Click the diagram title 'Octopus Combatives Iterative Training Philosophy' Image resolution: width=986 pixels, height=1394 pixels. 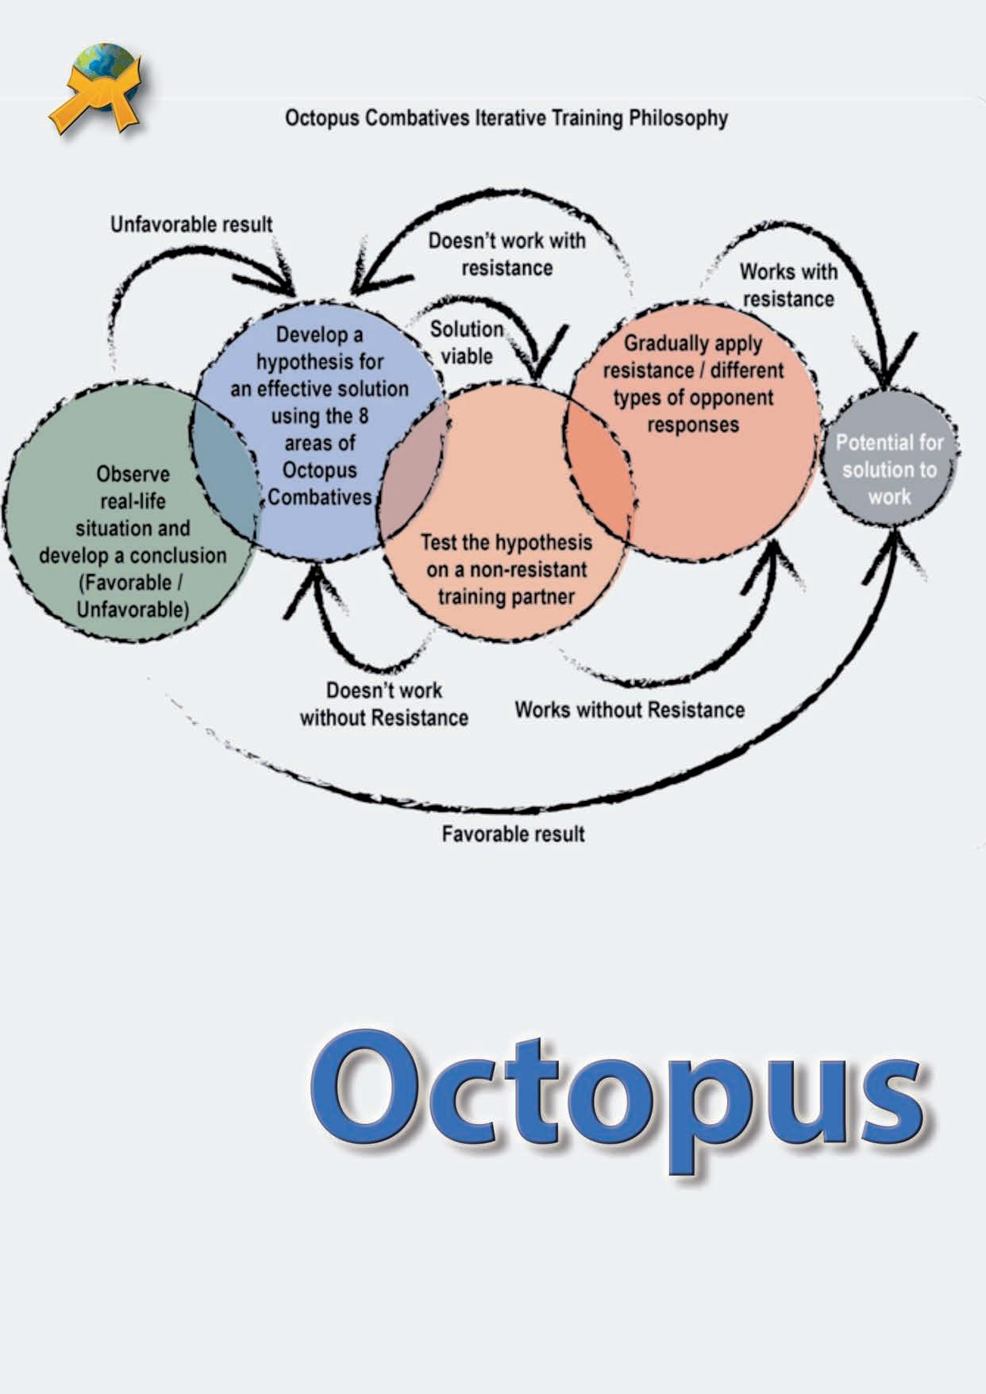[506, 118]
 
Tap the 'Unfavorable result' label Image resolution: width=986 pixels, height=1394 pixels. [191, 225]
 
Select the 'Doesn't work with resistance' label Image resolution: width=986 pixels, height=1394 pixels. [506, 254]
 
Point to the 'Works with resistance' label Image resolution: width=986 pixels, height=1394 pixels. [788, 285]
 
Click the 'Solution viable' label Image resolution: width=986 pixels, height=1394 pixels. [467, 342]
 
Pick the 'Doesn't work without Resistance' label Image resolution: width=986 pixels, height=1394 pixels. [384, 704]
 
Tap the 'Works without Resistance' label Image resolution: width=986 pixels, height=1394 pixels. [630, 710]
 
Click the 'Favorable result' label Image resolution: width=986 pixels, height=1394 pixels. [513, 834]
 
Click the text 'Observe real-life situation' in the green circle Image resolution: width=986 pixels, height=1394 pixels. [133, 501]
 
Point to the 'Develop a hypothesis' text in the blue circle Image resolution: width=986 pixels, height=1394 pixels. [319, 348]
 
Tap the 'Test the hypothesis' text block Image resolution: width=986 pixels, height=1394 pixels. [506, 569]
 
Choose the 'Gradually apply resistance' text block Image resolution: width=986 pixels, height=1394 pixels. [693, 383]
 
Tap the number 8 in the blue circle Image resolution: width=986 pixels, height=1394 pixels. [362, 416]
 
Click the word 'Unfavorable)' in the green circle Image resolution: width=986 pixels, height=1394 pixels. [133, 610]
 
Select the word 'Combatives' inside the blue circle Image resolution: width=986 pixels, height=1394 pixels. [319, 498]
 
